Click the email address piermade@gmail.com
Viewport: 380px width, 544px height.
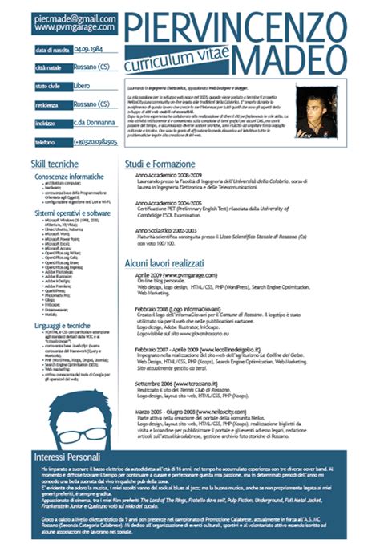[64, 17]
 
